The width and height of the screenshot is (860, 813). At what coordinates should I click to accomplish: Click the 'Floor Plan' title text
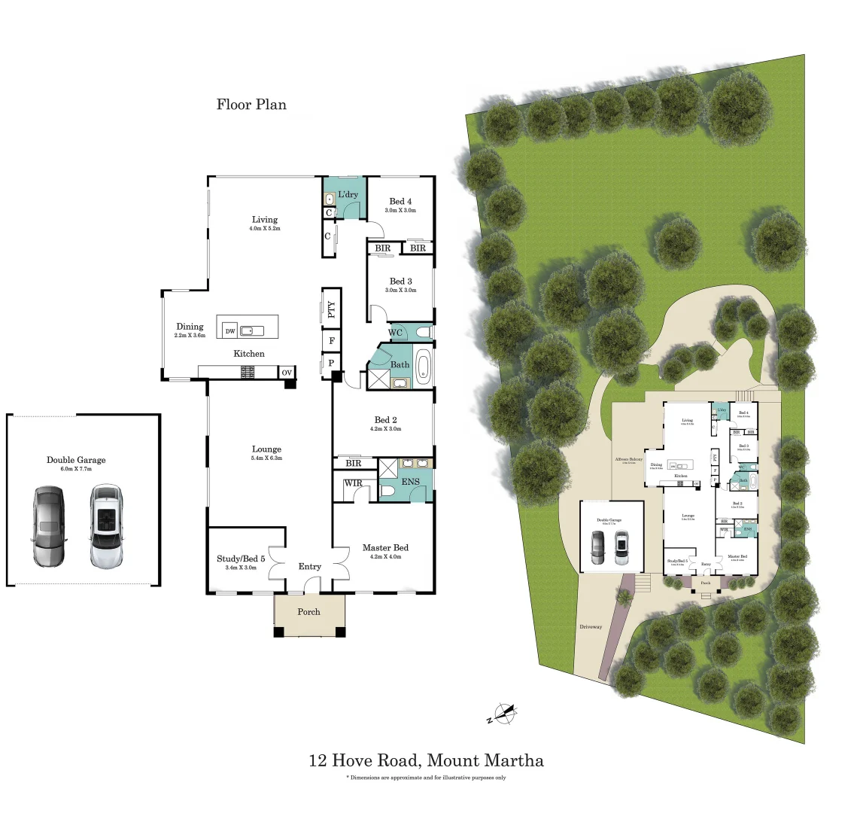(x=251, y=105)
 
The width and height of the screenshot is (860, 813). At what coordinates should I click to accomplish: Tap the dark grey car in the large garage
(x=49, y=526)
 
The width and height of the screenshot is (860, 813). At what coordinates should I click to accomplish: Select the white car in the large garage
(x=106, y=526)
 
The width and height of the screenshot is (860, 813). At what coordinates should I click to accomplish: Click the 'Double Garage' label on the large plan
(x=76, y=460)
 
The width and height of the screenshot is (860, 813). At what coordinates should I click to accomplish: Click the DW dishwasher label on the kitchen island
(x=229, y=331)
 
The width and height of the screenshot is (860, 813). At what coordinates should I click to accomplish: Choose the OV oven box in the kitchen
(x=286, y=373)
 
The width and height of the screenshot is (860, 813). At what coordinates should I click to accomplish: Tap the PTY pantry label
(x=331, y=310)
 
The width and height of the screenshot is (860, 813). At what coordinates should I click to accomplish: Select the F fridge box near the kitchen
(x=331, y=341)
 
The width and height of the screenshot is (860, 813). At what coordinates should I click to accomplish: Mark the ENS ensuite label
(x=410, y=482)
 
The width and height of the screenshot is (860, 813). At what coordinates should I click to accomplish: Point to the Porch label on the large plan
(x=308, y=612)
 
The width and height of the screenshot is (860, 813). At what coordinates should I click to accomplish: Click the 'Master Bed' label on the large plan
(x=385, y=547)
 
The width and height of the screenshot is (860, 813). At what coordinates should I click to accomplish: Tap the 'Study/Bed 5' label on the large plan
(x=241, y=559)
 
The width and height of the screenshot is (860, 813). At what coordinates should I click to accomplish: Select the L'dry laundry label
(x=348, y=195)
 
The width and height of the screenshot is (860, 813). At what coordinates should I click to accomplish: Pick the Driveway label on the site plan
(x=591, y=627)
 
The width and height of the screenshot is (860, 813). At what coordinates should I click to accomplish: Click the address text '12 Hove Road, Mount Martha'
(x=426, y=760)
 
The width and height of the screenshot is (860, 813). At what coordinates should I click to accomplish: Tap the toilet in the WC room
(x=421, y=332)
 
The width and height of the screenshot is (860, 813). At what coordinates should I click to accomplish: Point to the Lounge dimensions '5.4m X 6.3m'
(x=266, y=458)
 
